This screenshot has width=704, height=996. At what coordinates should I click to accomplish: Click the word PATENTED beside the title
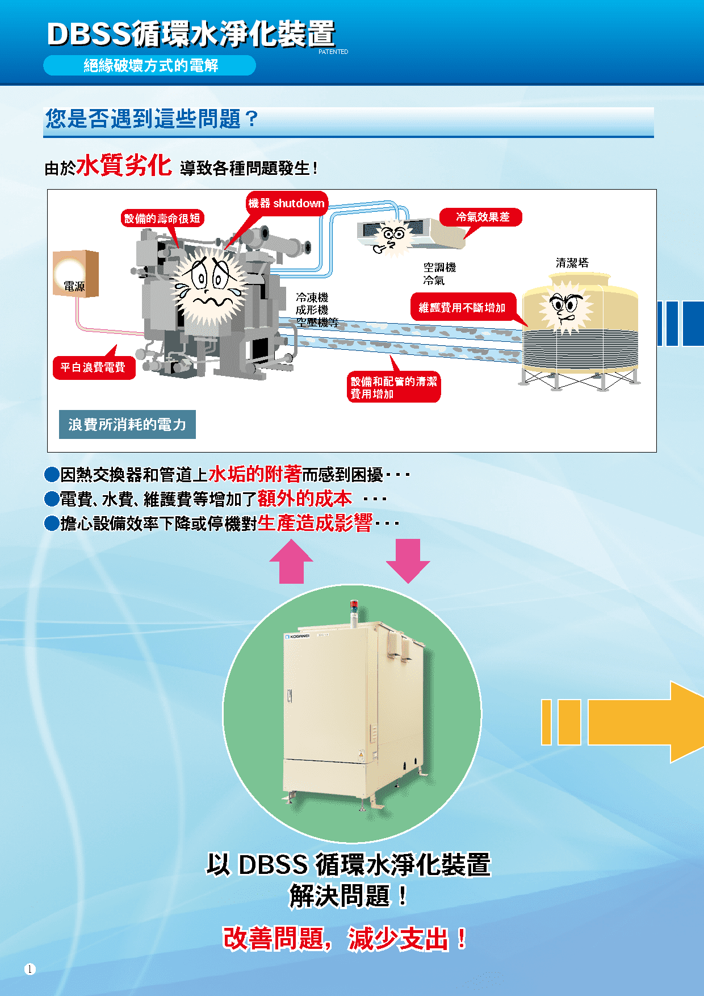[333, 52]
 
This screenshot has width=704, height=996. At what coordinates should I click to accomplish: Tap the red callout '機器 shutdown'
[287, 203]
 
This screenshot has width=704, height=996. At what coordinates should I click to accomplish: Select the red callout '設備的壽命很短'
[162, 218]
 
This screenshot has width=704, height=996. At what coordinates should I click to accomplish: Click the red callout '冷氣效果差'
[482, 217]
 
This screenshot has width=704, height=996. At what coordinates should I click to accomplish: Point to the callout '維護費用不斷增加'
[462, 307]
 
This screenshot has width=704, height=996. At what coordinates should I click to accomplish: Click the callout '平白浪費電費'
[94, 367]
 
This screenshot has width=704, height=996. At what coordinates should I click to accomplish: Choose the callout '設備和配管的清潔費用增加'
[393, 387]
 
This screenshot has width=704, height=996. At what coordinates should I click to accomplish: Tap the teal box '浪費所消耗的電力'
[127, 424]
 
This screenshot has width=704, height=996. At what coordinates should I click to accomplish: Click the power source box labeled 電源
[76, 273]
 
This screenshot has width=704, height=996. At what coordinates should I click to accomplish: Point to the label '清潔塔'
[572, 262]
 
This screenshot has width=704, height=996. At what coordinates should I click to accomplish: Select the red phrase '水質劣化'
[124, 165]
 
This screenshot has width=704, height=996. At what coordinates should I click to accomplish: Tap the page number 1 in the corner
[30, 969]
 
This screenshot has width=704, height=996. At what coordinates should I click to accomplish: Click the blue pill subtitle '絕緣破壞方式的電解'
[150, 66]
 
